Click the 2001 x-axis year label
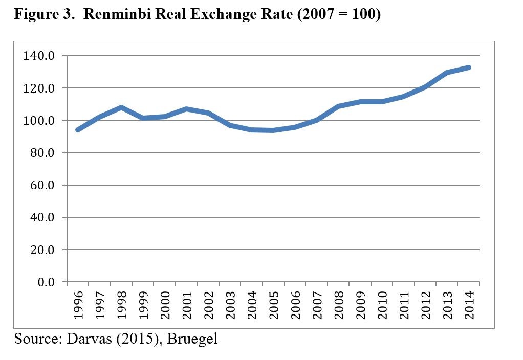(187, 305)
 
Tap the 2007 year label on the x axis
(317, 305)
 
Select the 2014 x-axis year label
(469, 305)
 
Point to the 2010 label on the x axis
(382, 305)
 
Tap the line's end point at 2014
(469, 67)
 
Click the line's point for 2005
(273, 130)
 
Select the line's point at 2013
(447, 73)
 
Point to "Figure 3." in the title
(44, 15)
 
